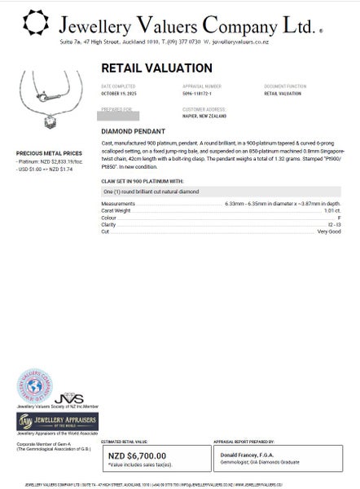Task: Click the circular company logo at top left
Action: pyautogui.click(x=35, y=25)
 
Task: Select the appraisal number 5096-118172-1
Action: pyautogui.click(x=204, y=94)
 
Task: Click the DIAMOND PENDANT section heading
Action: pyautogui.click(x=134, y=130)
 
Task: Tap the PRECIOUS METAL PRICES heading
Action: pyautogui.click(x=49, y=152)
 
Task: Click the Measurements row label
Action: pyautogui.click(x=118, y=202)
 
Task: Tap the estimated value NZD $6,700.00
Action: pyautogui.click(x=137, y=456)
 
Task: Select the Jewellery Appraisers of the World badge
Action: pyautogui.click(x=58, y=421)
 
